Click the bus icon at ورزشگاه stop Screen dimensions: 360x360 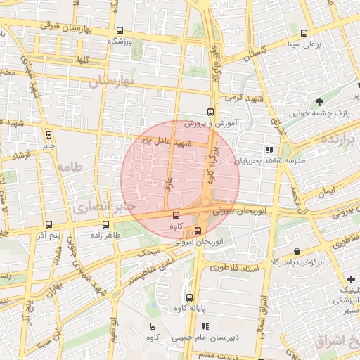pyautogui.click(x=120, y=31)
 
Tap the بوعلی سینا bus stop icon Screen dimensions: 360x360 pyautogui.click(x=304, y=33)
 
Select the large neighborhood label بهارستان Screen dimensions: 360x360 pyautogui.click(x=111, y=82)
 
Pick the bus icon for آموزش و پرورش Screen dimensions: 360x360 pyautogui.click(x=210, y=112)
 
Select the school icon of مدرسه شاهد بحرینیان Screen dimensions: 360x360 pyautogui.click(x=269, y=150)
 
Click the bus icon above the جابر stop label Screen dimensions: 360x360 pyautogui.click(x=49, y=135)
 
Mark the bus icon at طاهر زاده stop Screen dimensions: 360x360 pyautogui.click(x=106, y=225)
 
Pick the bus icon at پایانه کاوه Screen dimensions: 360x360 pyautogui.click(x=189, y=298)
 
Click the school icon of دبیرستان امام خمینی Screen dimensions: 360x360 pyautogui.click(x=205, y=326)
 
